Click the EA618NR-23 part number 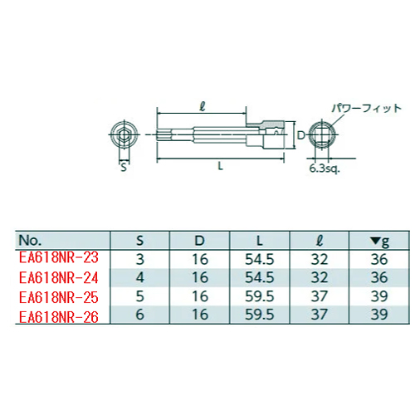59,257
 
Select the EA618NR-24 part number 59,277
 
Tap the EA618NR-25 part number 59,297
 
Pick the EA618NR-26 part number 59,317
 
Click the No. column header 30,240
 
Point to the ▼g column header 379,242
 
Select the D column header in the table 199,241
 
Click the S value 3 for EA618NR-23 140,259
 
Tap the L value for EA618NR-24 260,277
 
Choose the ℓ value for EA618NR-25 320,296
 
